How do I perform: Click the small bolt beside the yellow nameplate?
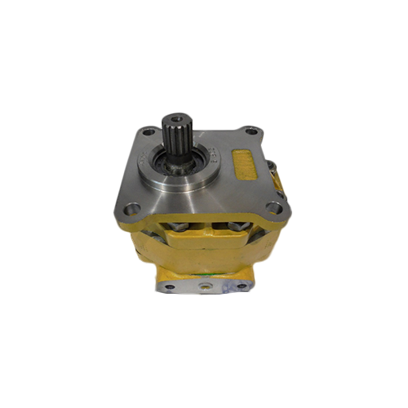click(x=273, y=168)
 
